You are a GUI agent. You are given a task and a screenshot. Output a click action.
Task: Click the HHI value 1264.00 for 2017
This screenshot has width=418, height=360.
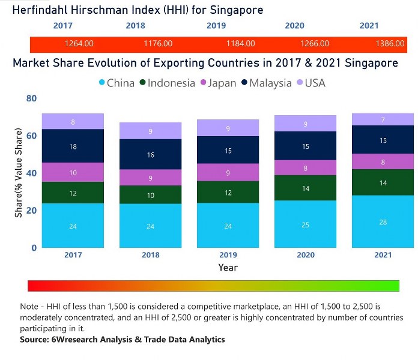(79, 44)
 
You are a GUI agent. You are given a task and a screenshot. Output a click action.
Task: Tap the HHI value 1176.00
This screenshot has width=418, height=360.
(159, 44)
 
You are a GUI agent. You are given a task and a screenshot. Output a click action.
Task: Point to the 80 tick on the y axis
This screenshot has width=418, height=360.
(31, 98)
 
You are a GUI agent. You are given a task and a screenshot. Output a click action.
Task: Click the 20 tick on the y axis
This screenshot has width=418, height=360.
(31, 211)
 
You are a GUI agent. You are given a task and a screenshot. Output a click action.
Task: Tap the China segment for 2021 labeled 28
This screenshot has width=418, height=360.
(383, 221)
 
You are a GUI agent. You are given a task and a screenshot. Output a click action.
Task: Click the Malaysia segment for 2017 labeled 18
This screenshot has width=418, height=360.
(73, 146)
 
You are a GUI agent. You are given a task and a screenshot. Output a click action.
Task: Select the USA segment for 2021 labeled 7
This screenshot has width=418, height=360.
(383, 119)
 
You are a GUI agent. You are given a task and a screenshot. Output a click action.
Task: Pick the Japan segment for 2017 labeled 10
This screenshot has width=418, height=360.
(73, 172)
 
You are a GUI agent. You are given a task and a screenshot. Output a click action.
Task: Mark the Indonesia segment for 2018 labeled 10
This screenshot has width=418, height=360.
(150, 195)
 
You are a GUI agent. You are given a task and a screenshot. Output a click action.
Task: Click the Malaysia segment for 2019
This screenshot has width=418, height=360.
(228, 150)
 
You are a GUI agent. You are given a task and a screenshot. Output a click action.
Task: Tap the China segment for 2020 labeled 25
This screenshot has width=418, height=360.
(306, 224)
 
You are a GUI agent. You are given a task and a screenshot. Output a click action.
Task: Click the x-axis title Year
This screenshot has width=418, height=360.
(228, 268)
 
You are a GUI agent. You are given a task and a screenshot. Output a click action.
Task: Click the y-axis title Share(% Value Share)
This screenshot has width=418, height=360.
(19, 173)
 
